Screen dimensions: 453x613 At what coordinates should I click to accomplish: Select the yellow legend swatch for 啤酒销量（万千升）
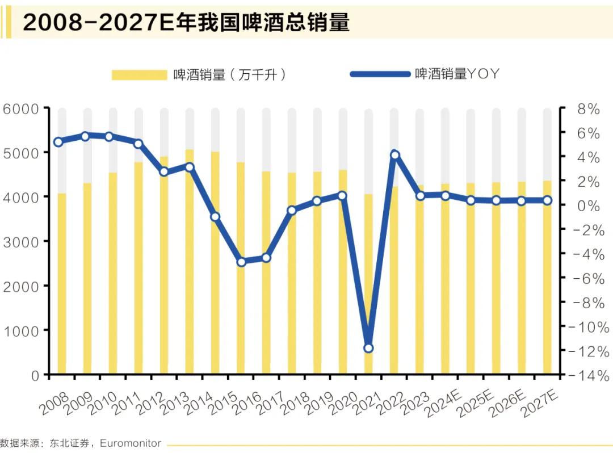(138, 74)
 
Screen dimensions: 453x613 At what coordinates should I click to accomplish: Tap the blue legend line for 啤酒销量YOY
(380, 74)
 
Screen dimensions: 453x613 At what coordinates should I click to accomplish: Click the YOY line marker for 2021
(368, 348)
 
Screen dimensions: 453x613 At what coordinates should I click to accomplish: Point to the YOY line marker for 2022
(395, 155)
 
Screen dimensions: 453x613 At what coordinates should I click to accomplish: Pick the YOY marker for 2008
(58, 142)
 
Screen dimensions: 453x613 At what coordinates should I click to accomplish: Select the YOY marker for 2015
(241, 262)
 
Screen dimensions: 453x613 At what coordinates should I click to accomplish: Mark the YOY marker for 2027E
(547, 200)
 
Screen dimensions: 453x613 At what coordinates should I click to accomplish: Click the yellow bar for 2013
(190, 261)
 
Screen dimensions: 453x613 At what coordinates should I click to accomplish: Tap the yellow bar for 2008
(62, 284)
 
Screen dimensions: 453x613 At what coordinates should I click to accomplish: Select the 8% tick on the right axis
(585, 109)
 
